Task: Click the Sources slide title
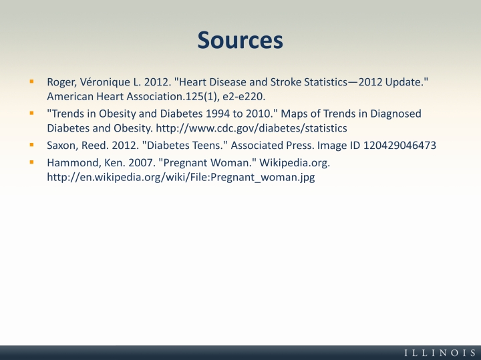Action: click(x=240, y=40)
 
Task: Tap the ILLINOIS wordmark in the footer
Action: click(x=440, y=353)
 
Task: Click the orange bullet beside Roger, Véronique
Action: click(x=31, y=81)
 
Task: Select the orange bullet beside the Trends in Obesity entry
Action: click(x=31, y=113)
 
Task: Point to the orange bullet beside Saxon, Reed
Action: click(x=31, y=145)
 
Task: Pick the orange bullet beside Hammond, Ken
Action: click(x=31, y=162)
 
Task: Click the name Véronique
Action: click(x=105, y=82)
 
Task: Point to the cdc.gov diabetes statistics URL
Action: click(x=252, y=128)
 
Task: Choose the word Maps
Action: click(x=294, y=114)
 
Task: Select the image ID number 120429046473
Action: click(x=399, y=146)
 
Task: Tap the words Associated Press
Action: click(x=273, y=146)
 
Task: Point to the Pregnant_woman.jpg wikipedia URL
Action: click(x=181, y=177)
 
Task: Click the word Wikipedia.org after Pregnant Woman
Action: click(x=295, y=163)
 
